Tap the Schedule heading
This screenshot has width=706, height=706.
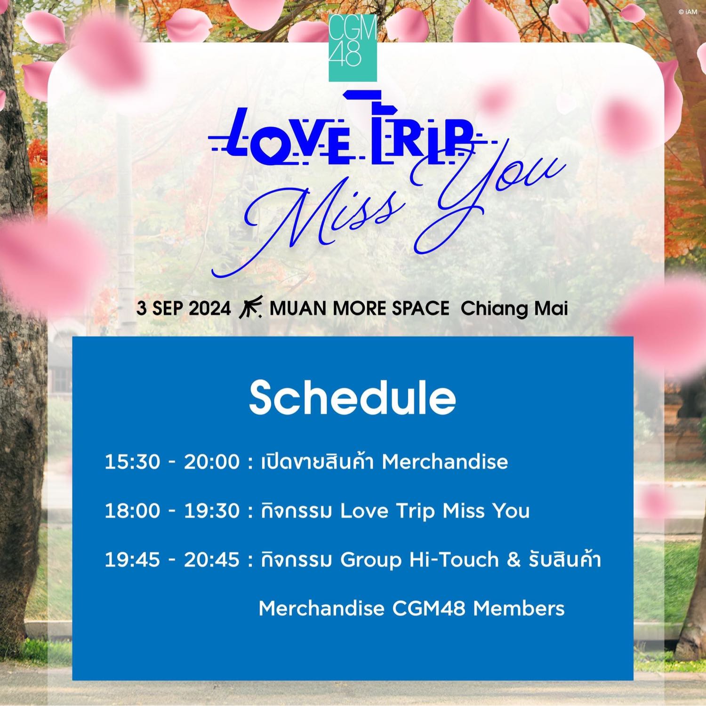tap(353, 399)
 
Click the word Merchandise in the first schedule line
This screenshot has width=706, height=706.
tap(445, 462)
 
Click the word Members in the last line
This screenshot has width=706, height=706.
tap(519, 609)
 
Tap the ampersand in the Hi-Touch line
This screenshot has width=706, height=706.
tap(513, 560)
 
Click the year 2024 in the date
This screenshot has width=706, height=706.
tap(209, 309)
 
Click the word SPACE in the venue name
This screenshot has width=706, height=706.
tap(419, 309)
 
